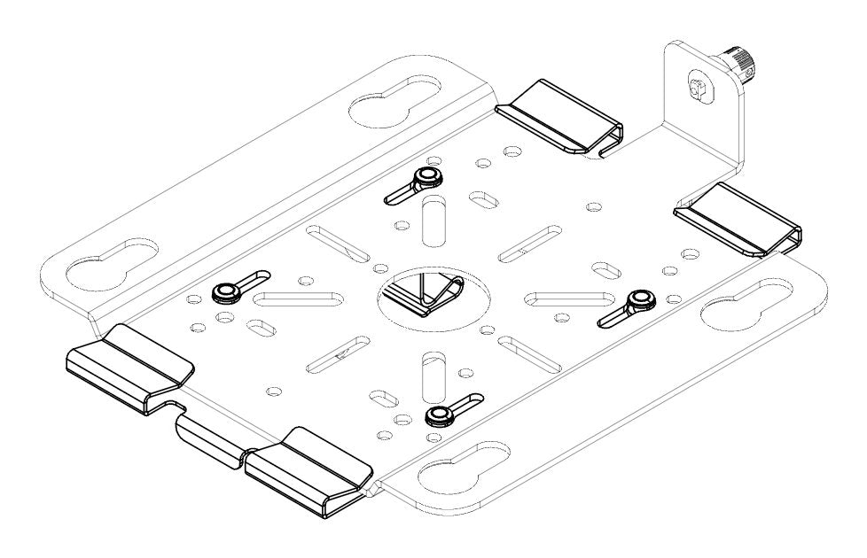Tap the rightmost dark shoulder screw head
pos(638,302)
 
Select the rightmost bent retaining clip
pos(738,217)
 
